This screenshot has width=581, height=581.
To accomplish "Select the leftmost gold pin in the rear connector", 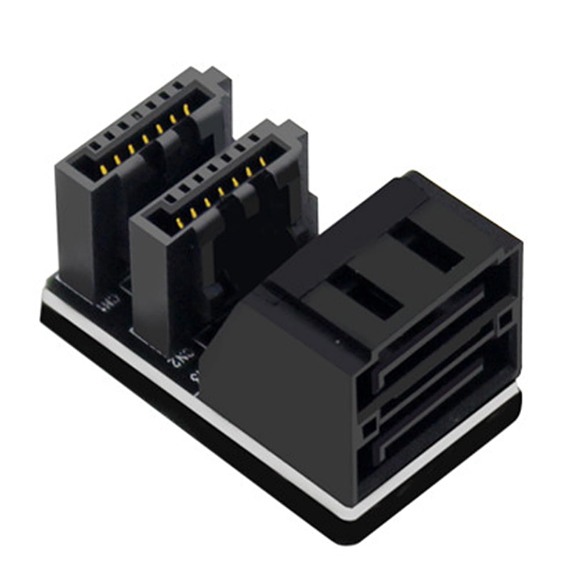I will (103, 169).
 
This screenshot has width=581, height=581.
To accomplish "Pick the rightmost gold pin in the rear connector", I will (186, 108).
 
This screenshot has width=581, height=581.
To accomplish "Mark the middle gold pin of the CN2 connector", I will (221, 192).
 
